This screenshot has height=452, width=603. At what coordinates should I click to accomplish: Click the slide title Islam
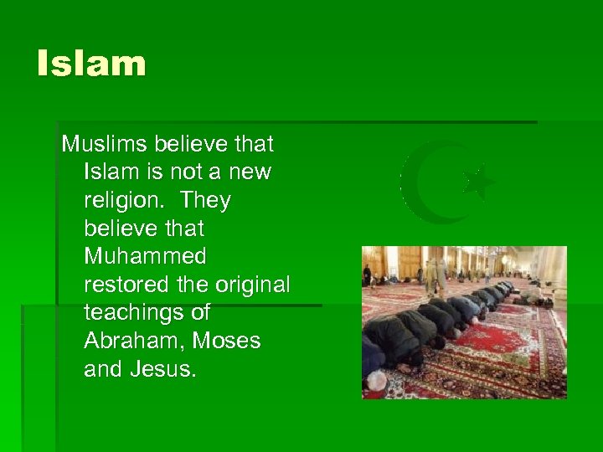coord(91,64)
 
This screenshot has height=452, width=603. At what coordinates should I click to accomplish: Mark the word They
coord(204,200)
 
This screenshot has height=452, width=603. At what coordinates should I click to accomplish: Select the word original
coord(252,285)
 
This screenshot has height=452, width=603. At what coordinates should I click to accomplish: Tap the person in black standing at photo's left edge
coord(367,275)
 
